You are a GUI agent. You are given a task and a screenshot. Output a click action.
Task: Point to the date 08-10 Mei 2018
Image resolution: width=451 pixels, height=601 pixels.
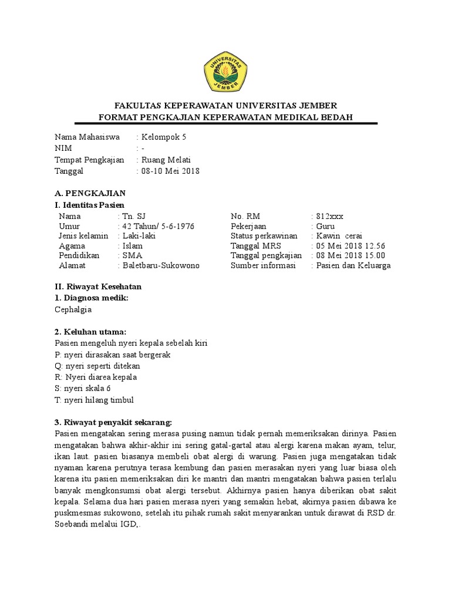click(170, 171)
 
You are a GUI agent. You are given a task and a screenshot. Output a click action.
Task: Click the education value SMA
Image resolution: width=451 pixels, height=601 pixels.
click(132, 255)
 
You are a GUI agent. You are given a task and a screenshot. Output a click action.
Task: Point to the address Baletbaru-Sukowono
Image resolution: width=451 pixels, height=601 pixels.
click(161, 265)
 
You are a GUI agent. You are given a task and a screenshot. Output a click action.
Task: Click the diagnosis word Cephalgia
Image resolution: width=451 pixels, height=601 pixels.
click(73, 309)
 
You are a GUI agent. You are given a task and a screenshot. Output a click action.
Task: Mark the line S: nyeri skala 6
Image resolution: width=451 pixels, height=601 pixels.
click(82, 389)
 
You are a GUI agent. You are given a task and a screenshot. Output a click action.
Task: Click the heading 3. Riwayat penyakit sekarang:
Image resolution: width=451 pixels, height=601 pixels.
click(113, 422)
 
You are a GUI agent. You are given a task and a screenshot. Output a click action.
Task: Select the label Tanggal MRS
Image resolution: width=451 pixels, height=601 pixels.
click(256, 246)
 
